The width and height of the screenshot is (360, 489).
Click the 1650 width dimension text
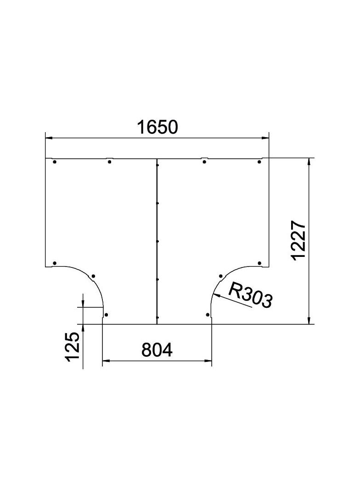[157, 127]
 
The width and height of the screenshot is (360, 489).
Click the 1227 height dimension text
[299, 240]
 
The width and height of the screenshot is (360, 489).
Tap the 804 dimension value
[157, 350]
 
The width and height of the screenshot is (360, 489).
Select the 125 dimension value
[72, 347]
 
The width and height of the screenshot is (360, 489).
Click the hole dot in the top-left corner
[55, 162]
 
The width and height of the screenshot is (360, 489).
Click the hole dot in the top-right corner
[259, 162]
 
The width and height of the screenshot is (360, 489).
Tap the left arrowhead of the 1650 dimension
[48, 137]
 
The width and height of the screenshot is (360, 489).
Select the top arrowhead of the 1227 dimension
[309, 161]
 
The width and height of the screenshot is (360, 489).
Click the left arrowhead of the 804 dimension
[105, 361]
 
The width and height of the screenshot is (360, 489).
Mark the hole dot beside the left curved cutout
[93, 276]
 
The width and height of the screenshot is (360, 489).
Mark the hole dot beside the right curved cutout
[220, 276]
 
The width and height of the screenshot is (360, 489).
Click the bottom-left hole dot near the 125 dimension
[106, 315]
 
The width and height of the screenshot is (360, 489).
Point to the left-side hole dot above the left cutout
[55, 263]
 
